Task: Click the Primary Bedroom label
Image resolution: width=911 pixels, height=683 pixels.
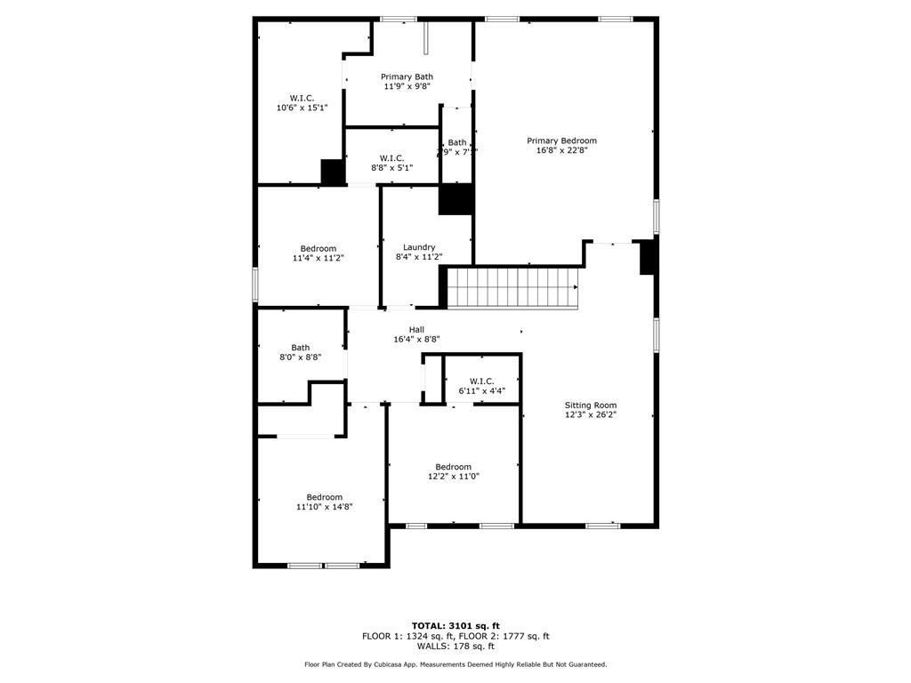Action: tap(561, 141)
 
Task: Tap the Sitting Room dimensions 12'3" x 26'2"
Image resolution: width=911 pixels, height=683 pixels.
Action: tap(590, 414)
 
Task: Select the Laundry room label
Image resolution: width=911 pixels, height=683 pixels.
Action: tap(418, 247)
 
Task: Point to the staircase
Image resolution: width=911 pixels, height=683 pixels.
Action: tap(512, 287)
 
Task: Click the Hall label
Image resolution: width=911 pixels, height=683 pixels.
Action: tap(416, 329)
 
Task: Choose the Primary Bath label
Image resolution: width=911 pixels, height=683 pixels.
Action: tap(407, 77)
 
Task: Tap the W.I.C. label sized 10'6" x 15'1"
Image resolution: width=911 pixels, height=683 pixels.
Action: tap(302, 98)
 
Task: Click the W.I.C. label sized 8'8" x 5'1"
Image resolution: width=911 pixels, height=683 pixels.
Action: tap(391, 157)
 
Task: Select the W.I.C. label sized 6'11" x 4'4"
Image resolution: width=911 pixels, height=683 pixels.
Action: tap(481, 382)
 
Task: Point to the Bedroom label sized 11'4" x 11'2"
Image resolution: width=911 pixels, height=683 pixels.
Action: tap(318, 248)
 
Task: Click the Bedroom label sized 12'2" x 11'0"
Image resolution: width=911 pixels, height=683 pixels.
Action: tap(453, 467)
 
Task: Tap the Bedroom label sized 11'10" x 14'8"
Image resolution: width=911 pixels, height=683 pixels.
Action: tap(324, 497)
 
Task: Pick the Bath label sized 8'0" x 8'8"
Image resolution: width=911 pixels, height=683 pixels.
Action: tap(301, 348)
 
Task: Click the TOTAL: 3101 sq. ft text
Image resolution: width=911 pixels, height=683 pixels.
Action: tap(455, 625)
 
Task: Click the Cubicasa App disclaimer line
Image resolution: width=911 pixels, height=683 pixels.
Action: tap(455, 664)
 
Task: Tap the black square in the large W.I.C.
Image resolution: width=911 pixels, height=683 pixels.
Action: tap(332, 172)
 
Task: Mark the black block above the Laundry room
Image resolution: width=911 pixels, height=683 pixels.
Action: tap(455, 199)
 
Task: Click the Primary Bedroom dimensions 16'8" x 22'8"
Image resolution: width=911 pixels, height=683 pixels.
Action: tap(561, 150)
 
